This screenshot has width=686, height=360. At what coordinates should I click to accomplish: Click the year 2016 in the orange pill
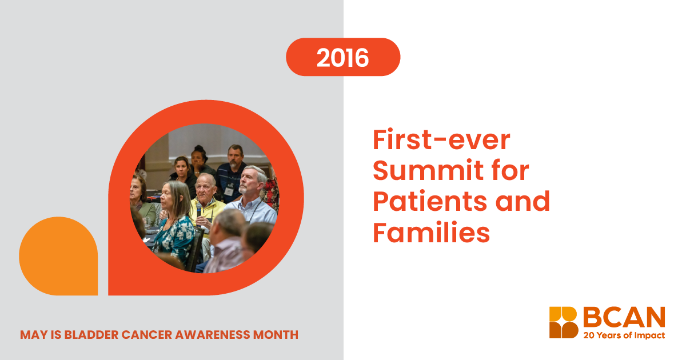pyautogui.click(x=342, y=58)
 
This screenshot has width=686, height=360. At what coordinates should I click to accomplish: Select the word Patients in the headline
pyautogui.click(x=430, y=201)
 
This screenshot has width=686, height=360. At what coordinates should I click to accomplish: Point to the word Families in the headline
pyautogui.click(x=431, y=232)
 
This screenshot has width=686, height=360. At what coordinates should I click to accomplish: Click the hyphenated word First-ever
pyautogui.click(x=441, y=139)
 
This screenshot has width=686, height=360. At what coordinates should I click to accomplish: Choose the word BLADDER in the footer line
pyautogui.click(x=91, y=335)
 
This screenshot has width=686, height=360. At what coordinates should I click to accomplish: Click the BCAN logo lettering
pyautogui.click(x=624, y=317)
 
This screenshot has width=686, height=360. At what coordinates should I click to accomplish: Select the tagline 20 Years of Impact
pyautogui.click(x=624, y=335)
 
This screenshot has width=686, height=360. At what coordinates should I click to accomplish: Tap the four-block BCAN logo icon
pyautogui.click(x=564, y=322)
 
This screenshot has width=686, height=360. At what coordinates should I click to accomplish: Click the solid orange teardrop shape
pyautogui.click(x=58, y=256)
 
